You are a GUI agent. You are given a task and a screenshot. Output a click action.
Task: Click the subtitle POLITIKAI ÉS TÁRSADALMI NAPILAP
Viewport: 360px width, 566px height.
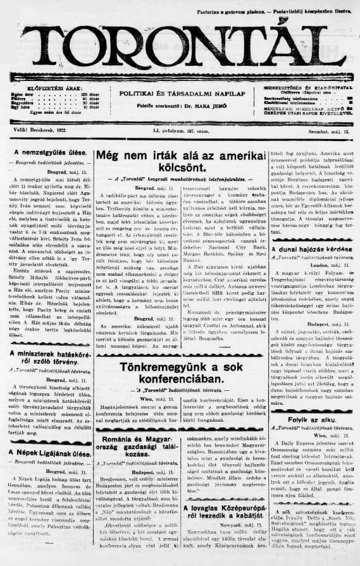[x=179, y=93]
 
